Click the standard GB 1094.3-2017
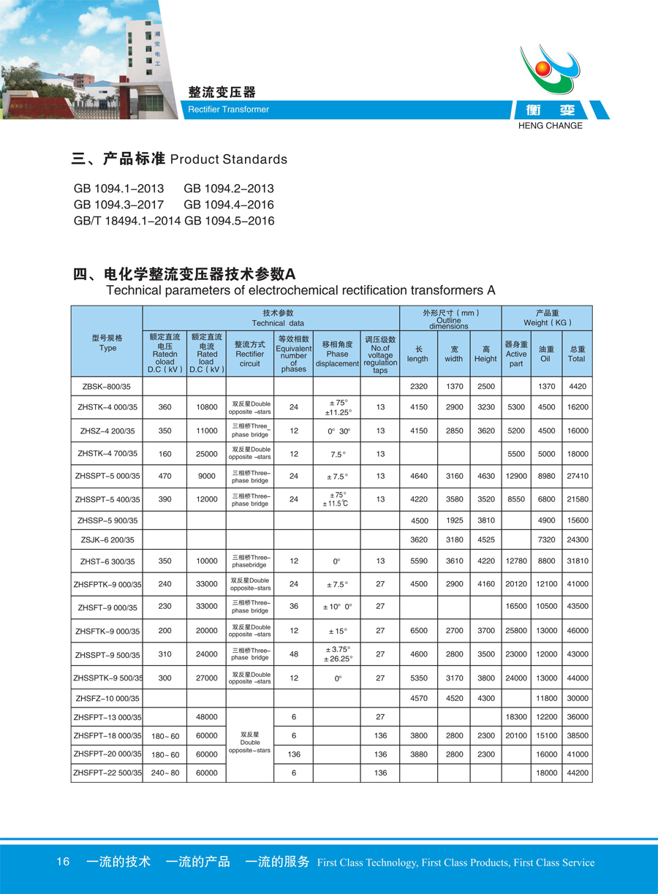(118, 205)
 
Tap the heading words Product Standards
(228, 159)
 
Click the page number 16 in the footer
(63, 862)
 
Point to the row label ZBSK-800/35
(107, 386)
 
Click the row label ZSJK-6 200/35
(107, 539)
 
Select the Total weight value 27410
(577, 477)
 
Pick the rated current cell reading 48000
(206, 717)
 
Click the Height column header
(485, 355)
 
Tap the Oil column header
(545, 355)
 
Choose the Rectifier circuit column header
(249, 354)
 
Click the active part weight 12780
(515, 561)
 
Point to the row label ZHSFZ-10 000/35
(107, 698)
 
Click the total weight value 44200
(577, 773)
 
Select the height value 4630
(486, 477)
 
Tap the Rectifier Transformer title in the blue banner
(229, 110)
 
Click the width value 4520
(454, 698)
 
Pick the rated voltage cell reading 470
(164, 477)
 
